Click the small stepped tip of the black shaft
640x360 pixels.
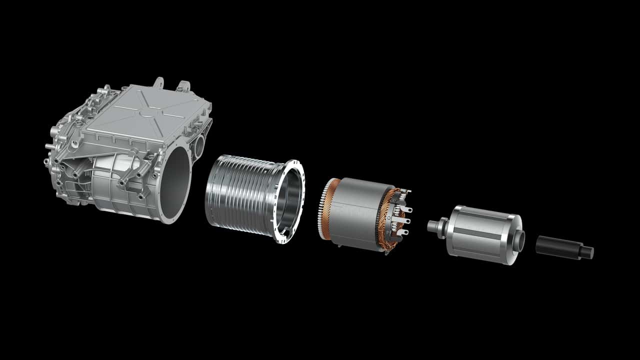point(588,252)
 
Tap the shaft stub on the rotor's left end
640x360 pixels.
point(432,225)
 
